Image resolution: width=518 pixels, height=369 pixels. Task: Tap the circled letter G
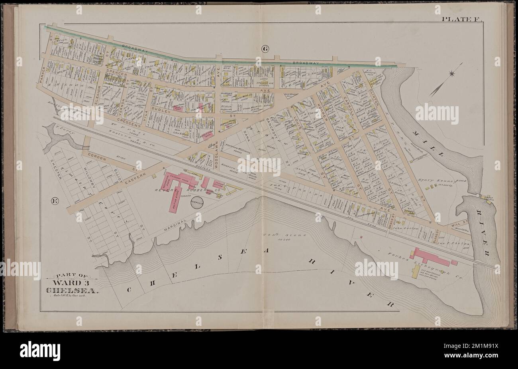point(265,49)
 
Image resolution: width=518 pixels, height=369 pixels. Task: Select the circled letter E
point(55,201)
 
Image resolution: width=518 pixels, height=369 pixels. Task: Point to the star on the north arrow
point(452,73)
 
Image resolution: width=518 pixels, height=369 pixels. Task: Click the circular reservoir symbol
point(197,202)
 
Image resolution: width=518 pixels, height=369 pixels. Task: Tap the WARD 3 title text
point(72,284)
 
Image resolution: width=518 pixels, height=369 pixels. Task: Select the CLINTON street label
point(374,83)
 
